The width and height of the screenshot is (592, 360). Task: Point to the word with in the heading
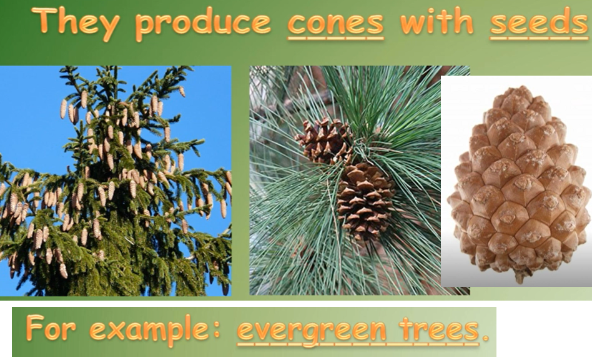coord(437,21)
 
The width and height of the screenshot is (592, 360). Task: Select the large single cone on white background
coord(519,183)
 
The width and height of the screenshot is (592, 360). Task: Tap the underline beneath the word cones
coord(335,37)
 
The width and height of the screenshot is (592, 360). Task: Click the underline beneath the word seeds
coord(539,37)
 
